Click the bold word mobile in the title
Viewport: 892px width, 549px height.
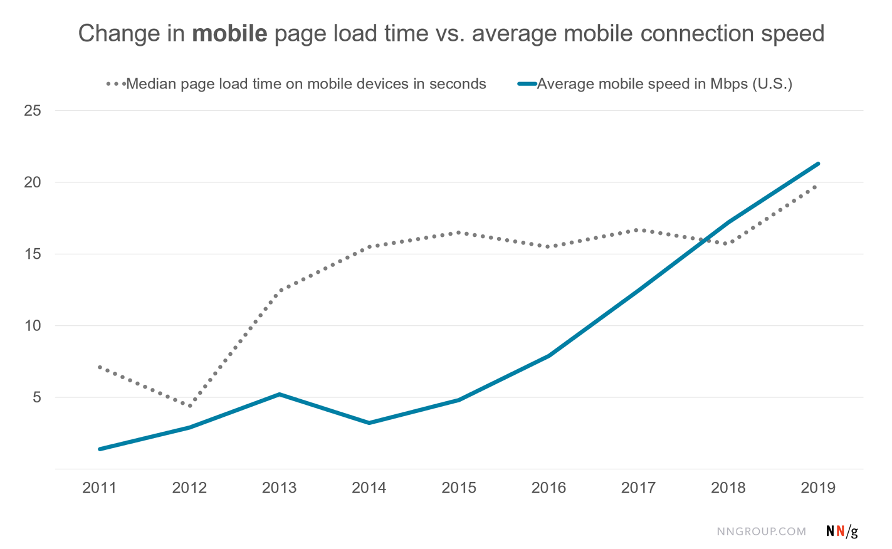click(229, 34)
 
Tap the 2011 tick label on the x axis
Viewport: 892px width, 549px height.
click(100, 488)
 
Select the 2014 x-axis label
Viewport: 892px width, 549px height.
click(369, 488)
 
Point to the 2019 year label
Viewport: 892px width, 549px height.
click(818, 488)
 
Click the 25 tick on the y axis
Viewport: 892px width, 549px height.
click(33, 111)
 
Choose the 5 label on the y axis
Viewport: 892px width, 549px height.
click(37, 397)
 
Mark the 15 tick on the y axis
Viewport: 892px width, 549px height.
click(33, 254)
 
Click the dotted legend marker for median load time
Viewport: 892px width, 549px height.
click(116, 84)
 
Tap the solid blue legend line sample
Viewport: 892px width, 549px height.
click(527, 84)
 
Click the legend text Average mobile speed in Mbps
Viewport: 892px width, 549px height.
click(664, 84)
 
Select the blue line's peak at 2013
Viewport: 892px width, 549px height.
click(279, 394)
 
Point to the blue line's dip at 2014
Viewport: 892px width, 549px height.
click(369, 423)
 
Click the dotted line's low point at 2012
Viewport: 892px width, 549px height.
click(189, 406)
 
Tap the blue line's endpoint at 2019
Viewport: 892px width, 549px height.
click(818, 164)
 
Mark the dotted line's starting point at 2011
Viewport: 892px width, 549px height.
click(100, 367)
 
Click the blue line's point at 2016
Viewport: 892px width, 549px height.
click(548, 356)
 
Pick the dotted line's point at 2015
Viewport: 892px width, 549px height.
click(459, 233)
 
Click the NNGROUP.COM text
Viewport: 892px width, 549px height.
click(762, 531)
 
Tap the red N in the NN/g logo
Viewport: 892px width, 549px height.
click(840, 531)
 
